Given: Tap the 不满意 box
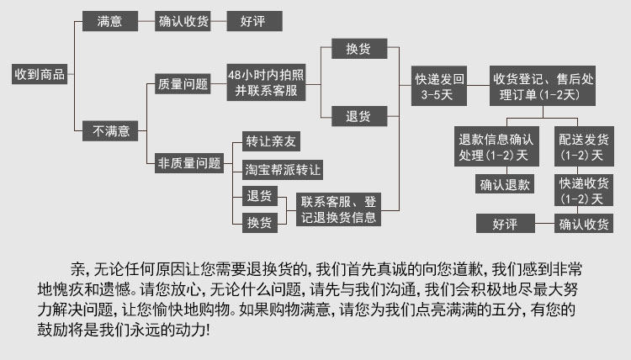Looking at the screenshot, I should click(110, 130).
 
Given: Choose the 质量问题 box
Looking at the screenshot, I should click(183, 84).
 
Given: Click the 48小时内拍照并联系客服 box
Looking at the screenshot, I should click(267, 83).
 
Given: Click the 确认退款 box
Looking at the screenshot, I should click(505, 184).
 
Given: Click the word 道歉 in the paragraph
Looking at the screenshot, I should click(466, 270).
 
